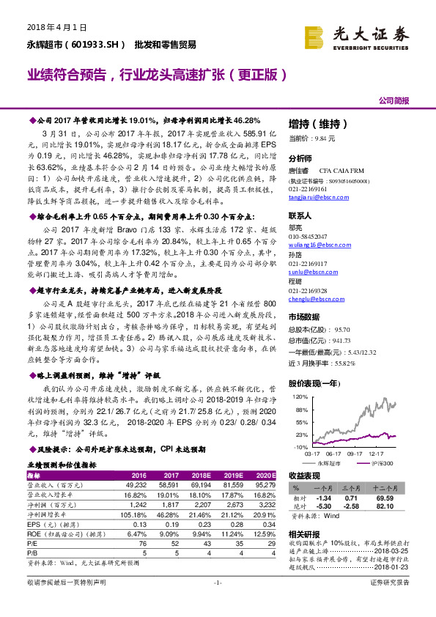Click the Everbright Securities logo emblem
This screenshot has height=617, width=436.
[x=316, y=36]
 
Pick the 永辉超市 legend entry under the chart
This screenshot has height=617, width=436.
[x=329, y=464]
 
